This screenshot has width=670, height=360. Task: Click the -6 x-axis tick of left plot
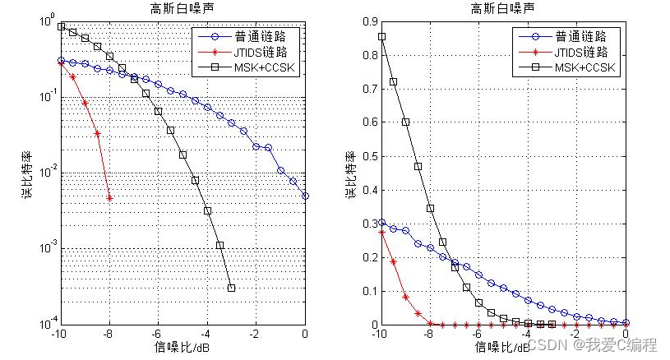coord(156,333)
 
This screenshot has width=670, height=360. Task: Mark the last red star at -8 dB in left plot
coord(109,197)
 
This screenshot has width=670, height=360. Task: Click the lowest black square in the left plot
coord(232,288)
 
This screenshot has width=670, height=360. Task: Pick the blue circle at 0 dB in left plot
coord(305,196)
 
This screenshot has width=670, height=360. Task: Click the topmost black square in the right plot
coord(381,36)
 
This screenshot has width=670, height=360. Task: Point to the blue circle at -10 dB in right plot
coord(381,222)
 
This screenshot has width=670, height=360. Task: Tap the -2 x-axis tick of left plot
coord(256,333)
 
